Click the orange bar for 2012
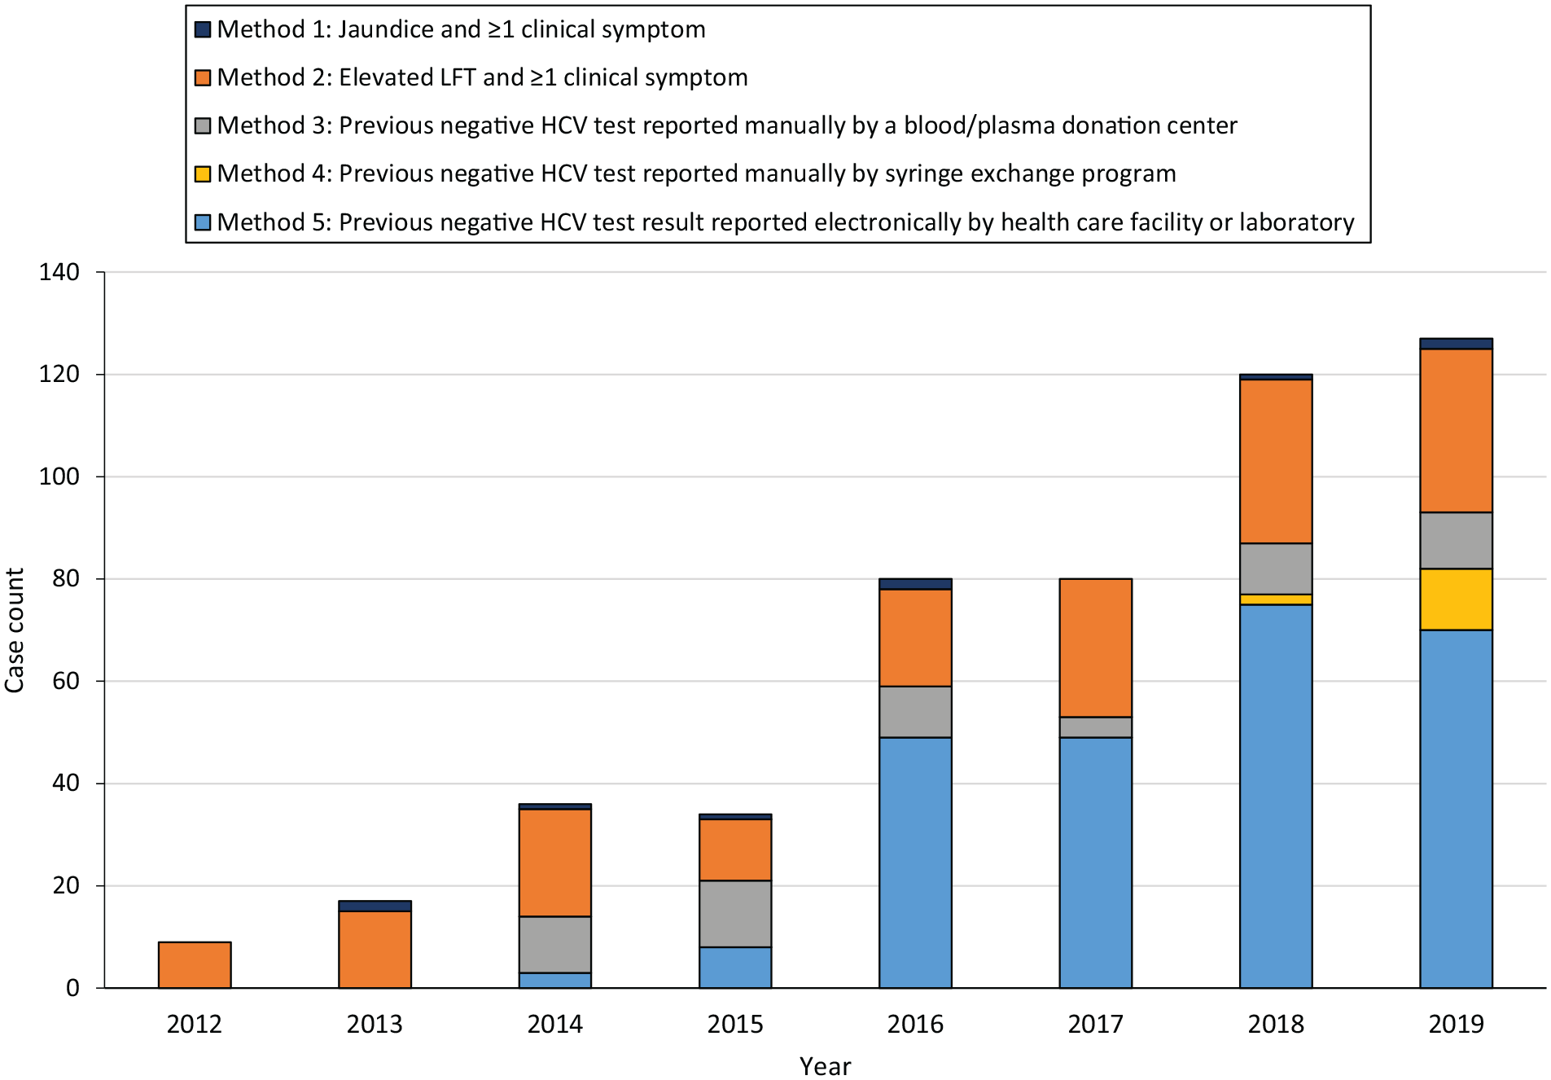[x=195, y=964]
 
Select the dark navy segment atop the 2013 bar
[x=375, y=906]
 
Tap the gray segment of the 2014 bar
[x=555, y=945]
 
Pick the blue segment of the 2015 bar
[x=735, y=968]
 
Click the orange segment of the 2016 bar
[x=916, y=638]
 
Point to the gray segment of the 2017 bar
[x=1096, y=727]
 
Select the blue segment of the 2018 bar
[x=1276, y=796]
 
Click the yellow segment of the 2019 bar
[x=1457, y=599]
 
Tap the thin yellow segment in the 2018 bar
[x=1276, y=599]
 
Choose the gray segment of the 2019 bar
[x=1457, y=540]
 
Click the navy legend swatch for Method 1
[x=203, y=29]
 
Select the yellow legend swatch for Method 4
[x=203, y=173]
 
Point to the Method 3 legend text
[x=727, y=125]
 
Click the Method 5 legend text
[x=786, y=222]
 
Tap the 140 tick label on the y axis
[x=59, y=272]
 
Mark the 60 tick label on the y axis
[x=66, y=681]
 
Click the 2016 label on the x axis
[x=916, y=1024]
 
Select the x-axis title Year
[x=826, y=1066]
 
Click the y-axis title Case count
[x=15, y=630]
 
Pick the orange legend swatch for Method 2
[x=203, y=77]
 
